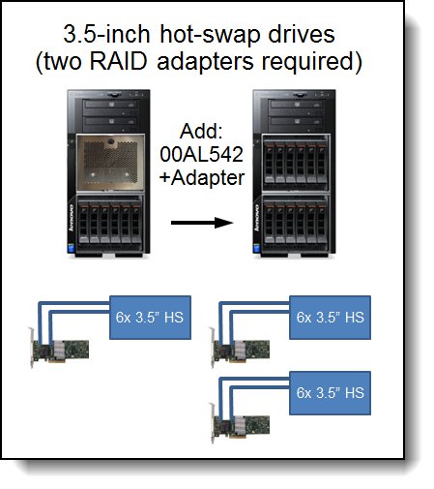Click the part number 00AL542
(x=201, y=154)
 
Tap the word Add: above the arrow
(x=201, y=131)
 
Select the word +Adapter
(x=202, y=178)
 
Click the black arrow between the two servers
(x=202, y=223)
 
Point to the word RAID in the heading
(x=118, y=61)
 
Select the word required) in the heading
(x=312, y=62)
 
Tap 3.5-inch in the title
(x=106, y=34)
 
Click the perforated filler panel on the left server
(x=110, y=163)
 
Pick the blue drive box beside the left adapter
(x=150, y=318)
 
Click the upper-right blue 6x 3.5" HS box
(x=330, y=318)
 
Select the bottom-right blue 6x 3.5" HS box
(x=330, y=393)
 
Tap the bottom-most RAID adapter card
(x=241, y=425)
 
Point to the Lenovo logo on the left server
(x=72, y=218)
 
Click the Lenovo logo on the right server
(x=257, y=218)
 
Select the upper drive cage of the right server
(x=296, y=163)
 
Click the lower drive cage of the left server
(x=110, y=224)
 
